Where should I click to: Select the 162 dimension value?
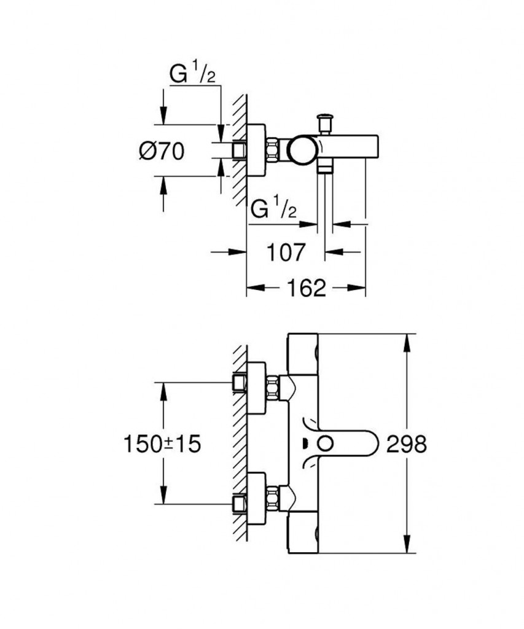click(306, 287)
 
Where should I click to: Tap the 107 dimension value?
click(287, 251)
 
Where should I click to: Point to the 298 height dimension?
click(406, 443)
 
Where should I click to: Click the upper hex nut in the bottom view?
click(272, 387)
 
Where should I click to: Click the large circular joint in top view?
click(303, 148)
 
